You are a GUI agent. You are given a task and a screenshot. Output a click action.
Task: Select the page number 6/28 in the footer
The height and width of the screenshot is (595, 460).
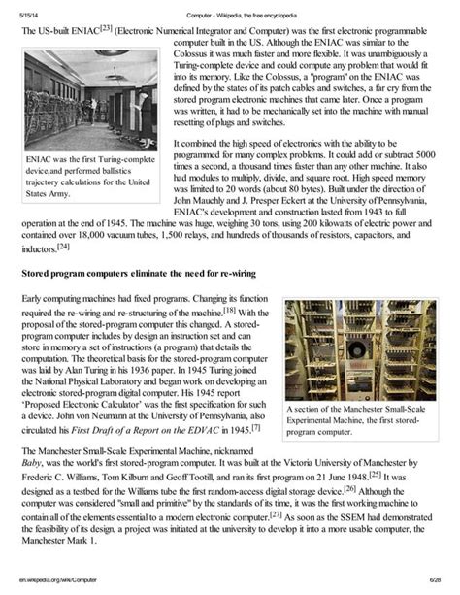coord(431,580)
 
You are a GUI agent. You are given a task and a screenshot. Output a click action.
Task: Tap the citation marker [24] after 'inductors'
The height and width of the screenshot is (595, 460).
coord(63,247)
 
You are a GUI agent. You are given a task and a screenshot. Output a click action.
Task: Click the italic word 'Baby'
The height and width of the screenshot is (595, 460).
coord(32,464)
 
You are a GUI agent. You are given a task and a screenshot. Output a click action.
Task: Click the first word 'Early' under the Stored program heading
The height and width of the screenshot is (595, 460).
coord(34,299)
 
